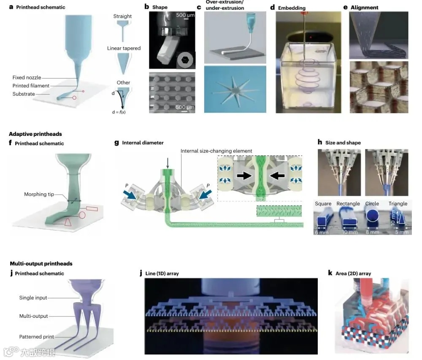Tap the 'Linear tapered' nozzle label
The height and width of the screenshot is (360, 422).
(124, 48)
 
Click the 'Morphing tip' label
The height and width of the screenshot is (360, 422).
(41, 194)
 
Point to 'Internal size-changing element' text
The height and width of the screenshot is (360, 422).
(216, 151)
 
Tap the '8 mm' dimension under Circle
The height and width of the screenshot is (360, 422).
(372, 232)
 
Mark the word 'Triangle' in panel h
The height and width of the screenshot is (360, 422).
(398, 203)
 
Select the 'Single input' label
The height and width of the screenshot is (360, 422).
(33, 298)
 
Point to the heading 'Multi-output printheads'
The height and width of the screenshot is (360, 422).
(41, 264)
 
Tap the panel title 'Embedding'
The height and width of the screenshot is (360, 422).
(292, 8)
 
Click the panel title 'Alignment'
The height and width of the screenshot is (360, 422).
(367, 8)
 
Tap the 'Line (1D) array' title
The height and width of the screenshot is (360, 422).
(162, 273)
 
